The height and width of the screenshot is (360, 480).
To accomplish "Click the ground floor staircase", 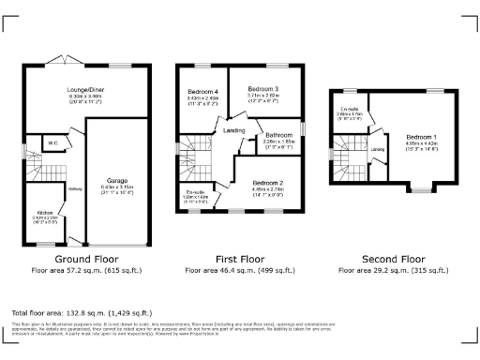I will click(x=35, y=174).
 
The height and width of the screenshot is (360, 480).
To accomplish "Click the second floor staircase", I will click(x=349, y=169).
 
